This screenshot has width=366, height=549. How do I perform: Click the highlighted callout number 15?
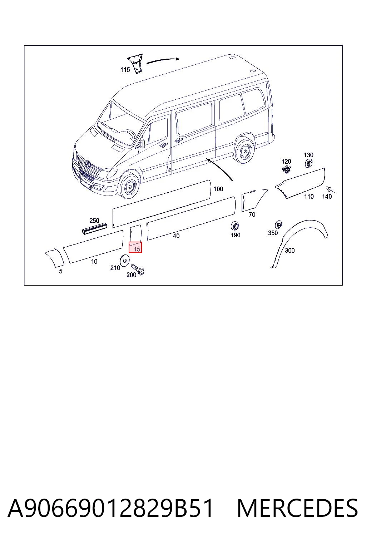[137, 249]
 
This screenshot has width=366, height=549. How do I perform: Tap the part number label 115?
[125, 70]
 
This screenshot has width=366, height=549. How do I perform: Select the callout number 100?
[218, 189]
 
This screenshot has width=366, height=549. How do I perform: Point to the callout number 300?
[290, 251]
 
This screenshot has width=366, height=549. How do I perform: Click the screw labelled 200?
[138, 269]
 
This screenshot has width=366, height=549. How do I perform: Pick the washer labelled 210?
[125, 260]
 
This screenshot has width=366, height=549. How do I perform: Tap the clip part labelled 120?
[286, 169]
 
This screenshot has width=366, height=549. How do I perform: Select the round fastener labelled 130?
[309, 163]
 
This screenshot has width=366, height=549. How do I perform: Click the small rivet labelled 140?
[330, 189]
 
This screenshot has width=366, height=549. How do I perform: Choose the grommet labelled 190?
[235, 226]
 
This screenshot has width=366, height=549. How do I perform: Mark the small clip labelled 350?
[278, 224]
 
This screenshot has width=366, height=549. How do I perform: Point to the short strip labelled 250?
[94, 228]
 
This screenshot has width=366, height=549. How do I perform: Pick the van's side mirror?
[142, 143]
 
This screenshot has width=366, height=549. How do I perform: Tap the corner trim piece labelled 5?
[55, 258]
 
